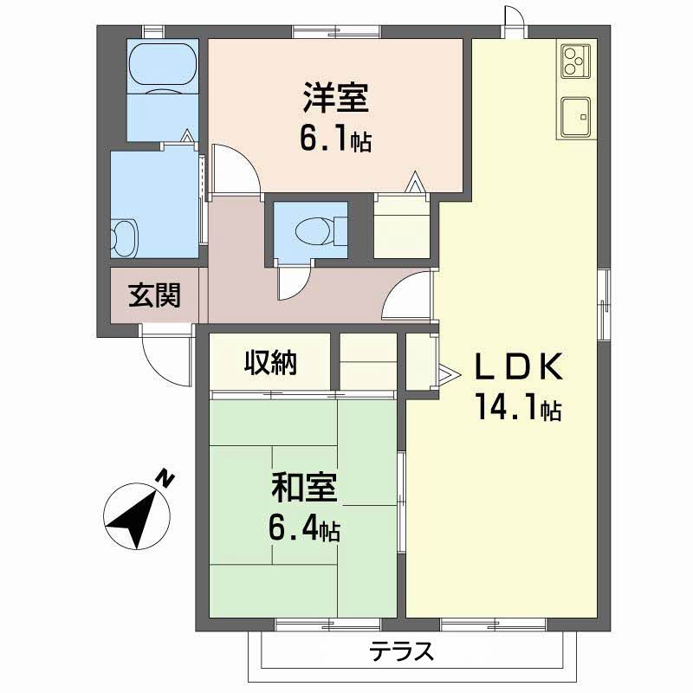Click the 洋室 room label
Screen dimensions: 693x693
coord(336,98)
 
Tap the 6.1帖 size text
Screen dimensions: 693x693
coord(335,140)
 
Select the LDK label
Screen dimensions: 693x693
coord(518,366)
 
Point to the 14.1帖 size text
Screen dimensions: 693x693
coord(517,406)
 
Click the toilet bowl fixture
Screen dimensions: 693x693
coord(310,231)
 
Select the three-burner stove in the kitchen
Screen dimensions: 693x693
coord(573,62)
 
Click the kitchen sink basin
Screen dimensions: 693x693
coord(574,117)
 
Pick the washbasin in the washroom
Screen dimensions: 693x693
coord(126,236)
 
